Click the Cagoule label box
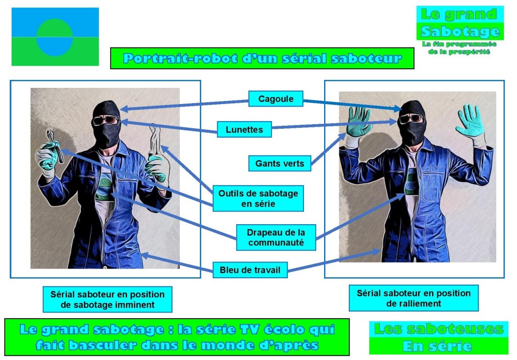pos(275,98)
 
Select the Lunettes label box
pos(244,130)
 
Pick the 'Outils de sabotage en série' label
pos(258,198)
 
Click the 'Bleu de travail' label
pos(250,270)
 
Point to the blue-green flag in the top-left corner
pos(55,37)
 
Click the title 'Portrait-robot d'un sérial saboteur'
pos(262,58)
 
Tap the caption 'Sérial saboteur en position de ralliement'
pos(413,298)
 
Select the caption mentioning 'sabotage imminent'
pos(107,299)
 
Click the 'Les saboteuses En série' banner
pos(438,338)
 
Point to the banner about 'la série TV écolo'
pos(177,337)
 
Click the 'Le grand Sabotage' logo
pos(460,23)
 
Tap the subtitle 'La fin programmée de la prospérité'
pos(459,48)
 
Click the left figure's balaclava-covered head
pos(107,121)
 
